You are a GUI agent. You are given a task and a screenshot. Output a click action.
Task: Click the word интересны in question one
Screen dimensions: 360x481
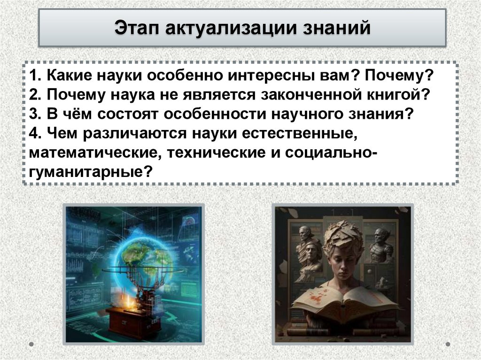pyautogui.click(x=268, y=76)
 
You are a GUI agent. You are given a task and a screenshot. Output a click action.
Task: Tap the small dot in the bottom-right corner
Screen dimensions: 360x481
pyautogui.click(x=448, y=344)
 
